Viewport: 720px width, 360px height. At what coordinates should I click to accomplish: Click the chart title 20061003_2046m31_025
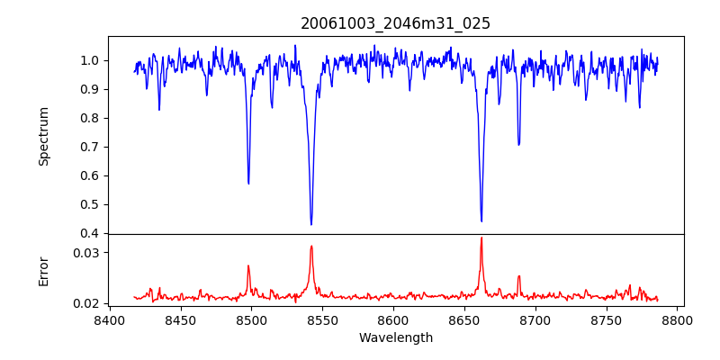click(396, 23)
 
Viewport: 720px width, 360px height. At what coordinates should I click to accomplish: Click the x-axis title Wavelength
click(396, 338)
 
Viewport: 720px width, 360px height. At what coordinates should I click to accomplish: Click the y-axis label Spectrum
click(44, 136)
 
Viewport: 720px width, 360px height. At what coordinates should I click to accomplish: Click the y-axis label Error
click(44, 271)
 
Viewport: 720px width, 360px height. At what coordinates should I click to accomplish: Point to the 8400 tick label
click(109, 320)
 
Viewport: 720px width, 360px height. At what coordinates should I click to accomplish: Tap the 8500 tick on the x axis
click(251, 320)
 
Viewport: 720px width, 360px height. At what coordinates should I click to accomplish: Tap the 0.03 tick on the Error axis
click(86, 253)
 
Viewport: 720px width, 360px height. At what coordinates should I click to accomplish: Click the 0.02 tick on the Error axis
click(86, 303)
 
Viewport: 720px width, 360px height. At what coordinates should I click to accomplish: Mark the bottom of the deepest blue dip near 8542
click(311, 224)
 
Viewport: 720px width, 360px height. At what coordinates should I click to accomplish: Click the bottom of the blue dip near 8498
click(248, 184)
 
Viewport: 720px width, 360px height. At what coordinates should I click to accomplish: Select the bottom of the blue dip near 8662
click(481, 220)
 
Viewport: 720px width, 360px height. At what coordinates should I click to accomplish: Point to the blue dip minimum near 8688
click(518, 144)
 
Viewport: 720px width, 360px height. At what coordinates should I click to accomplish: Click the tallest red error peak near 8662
click(481, 238)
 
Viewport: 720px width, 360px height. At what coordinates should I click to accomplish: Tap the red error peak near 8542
click(311, 246)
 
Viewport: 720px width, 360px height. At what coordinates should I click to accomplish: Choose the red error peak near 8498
click(248, 265)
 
